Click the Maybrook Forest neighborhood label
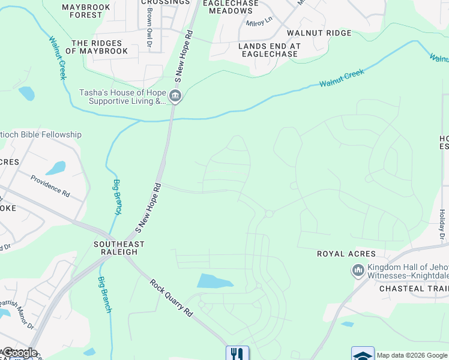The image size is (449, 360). [82, 10]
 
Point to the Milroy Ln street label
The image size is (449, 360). [259, 23]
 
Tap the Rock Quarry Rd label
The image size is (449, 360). [170, 298]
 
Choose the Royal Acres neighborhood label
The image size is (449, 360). [346, 254]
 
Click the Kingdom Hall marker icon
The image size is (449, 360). [358, 271]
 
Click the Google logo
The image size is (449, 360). [19, 353]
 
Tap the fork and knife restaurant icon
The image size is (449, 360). [237, 354]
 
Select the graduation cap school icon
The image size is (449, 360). [363, 355]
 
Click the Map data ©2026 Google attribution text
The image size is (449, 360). [412, 355]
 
